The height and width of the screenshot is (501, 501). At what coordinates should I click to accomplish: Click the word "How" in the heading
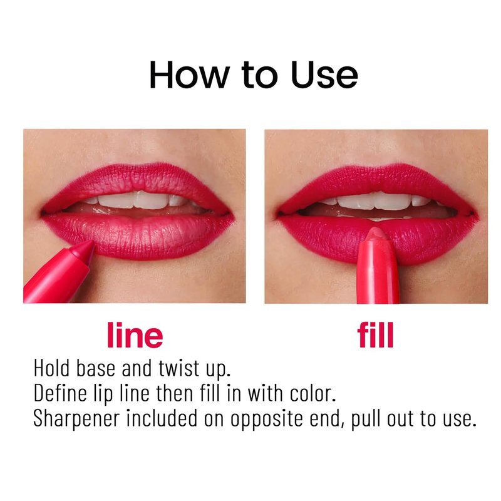click(x=190, y=75)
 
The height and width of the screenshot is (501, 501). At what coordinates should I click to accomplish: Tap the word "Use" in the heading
click(x=324, y=75)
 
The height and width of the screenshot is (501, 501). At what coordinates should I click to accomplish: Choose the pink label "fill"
click(x=375, y=334)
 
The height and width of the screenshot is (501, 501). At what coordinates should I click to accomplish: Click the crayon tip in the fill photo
click(x=376, y=234)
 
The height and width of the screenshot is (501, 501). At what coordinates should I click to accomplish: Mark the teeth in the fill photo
click(x=377, y=200)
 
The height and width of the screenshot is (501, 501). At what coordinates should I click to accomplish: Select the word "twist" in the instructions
click(x=178, y=368)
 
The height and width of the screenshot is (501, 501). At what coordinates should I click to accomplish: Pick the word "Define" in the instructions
click(x=60, y=393)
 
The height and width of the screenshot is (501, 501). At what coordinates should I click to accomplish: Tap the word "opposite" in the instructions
click(x=267, y=418)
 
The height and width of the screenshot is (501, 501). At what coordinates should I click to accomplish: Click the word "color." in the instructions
click(x=312, y=393)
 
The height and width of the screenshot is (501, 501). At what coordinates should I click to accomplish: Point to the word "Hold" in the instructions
click(x=51, y=368)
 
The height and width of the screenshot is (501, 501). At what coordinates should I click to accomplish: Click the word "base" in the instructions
click(x=95, y=368)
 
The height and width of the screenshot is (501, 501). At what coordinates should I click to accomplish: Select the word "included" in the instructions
click(x=162, y=417)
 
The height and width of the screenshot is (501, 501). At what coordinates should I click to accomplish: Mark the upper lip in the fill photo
click(x=377, y=180)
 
